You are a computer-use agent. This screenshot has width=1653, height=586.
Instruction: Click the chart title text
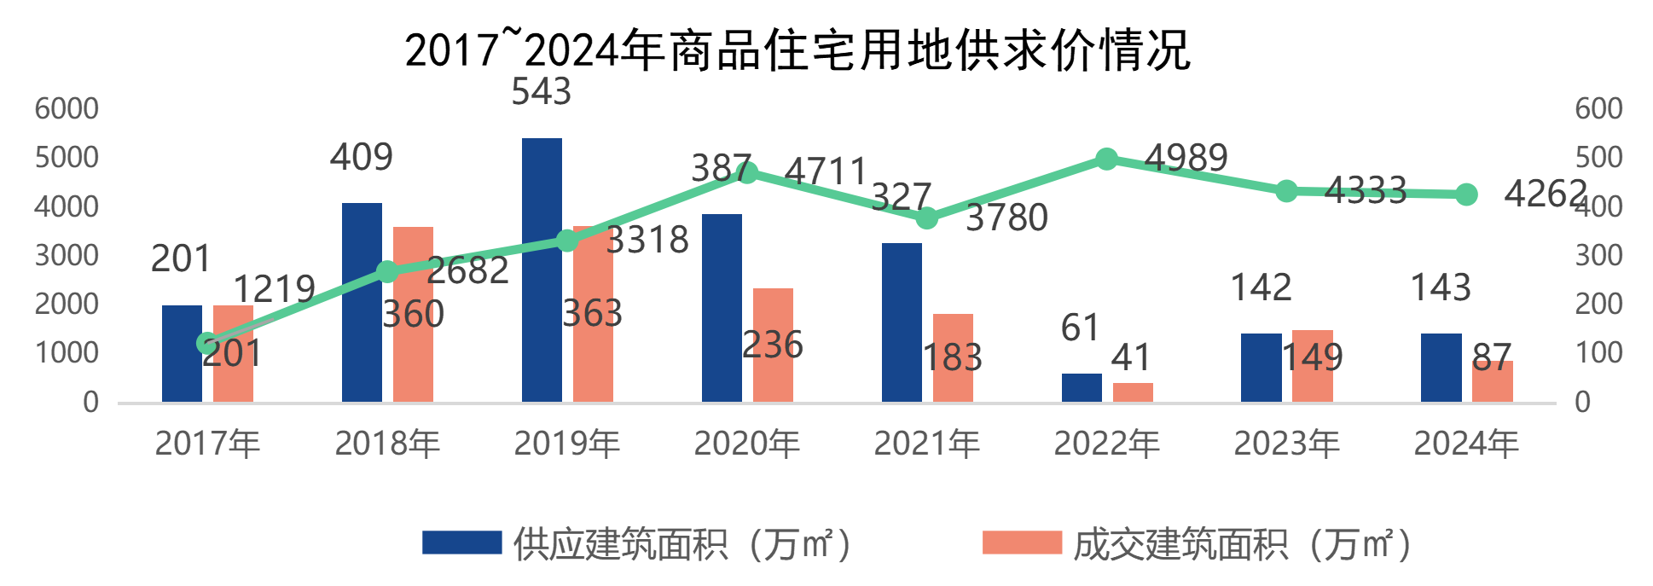coord(797,49)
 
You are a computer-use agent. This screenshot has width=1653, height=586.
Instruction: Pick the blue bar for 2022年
coord(1082,387)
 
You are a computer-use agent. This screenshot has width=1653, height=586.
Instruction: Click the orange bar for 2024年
coord(1493,381)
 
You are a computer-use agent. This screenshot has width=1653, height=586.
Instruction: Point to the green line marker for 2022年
coord(1106,159)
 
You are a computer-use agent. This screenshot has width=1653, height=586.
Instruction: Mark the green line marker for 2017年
coord(206,343)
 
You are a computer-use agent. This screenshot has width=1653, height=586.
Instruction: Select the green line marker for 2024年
coord(1466,194)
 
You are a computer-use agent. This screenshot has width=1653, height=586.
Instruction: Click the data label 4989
coord(1186,158)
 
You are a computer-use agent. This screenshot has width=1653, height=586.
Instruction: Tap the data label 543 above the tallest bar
coord(541,92)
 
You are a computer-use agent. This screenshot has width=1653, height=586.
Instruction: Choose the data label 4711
coord(825,171)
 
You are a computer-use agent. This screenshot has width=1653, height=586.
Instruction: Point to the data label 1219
coord(274,289)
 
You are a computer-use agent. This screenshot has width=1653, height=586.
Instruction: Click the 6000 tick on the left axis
coord(67,108)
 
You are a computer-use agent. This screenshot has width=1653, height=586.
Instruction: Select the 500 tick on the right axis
coord(1598,157)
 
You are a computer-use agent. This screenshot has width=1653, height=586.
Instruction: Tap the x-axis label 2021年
coord(926,444)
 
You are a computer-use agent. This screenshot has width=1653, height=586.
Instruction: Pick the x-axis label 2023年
coord(1286,444)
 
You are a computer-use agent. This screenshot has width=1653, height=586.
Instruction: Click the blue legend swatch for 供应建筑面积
coord(461,543)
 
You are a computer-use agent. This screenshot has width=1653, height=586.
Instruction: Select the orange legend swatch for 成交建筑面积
coord(1022,543)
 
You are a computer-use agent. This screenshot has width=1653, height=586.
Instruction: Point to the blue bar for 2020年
coord(722,307)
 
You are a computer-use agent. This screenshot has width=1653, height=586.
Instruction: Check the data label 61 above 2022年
coord(1080,328)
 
